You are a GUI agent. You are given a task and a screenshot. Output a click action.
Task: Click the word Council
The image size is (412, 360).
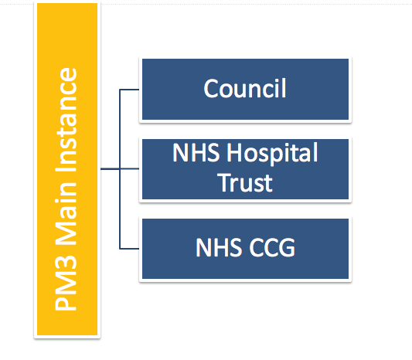point(245,89)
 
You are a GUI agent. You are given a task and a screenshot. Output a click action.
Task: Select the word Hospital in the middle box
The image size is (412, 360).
point(273,154)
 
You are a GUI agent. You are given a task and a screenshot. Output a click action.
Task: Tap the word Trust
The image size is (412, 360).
point(245,183)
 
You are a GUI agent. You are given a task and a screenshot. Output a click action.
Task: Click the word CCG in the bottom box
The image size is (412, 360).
point(272,247)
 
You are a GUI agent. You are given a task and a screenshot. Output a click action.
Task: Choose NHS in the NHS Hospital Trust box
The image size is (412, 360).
point(196,152)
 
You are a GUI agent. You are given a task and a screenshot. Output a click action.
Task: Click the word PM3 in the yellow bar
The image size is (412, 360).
point(66,284)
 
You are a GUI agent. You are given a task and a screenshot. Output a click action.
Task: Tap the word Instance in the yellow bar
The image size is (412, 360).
point(66,121)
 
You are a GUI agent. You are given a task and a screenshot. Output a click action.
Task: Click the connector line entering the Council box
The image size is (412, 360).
point(129,90)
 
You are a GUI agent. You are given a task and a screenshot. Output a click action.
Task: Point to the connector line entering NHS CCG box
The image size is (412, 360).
point(129,249)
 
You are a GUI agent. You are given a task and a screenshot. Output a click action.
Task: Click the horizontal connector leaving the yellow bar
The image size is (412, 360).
point(110,169)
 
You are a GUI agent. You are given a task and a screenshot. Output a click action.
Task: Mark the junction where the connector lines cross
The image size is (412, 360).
point(120,169)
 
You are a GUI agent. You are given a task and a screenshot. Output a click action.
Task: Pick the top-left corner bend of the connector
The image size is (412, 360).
point(120,90)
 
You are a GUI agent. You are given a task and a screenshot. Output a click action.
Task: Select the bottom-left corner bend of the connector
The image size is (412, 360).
point(120,249)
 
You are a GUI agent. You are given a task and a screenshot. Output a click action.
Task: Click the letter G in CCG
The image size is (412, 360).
point(287,247)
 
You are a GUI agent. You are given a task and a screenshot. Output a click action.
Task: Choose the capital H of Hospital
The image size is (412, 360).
point(235,152)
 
